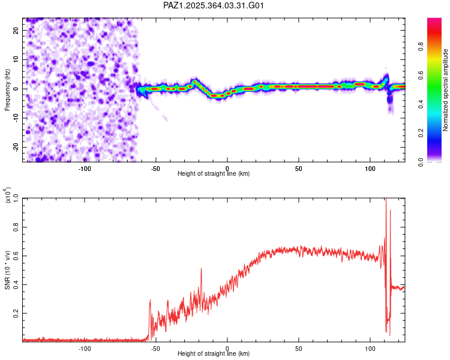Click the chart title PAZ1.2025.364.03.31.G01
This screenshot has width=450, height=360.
click(x=214, y=6)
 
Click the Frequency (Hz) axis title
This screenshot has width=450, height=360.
click(x=8, y=90)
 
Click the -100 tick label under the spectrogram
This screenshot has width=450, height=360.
click(x=85, y=168)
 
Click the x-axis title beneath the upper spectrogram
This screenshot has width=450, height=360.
click(x=214, y=174)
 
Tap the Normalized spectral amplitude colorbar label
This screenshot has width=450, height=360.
click(x=446, y=90)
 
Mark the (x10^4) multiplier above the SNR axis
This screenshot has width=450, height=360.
click(x=8, y=195)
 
